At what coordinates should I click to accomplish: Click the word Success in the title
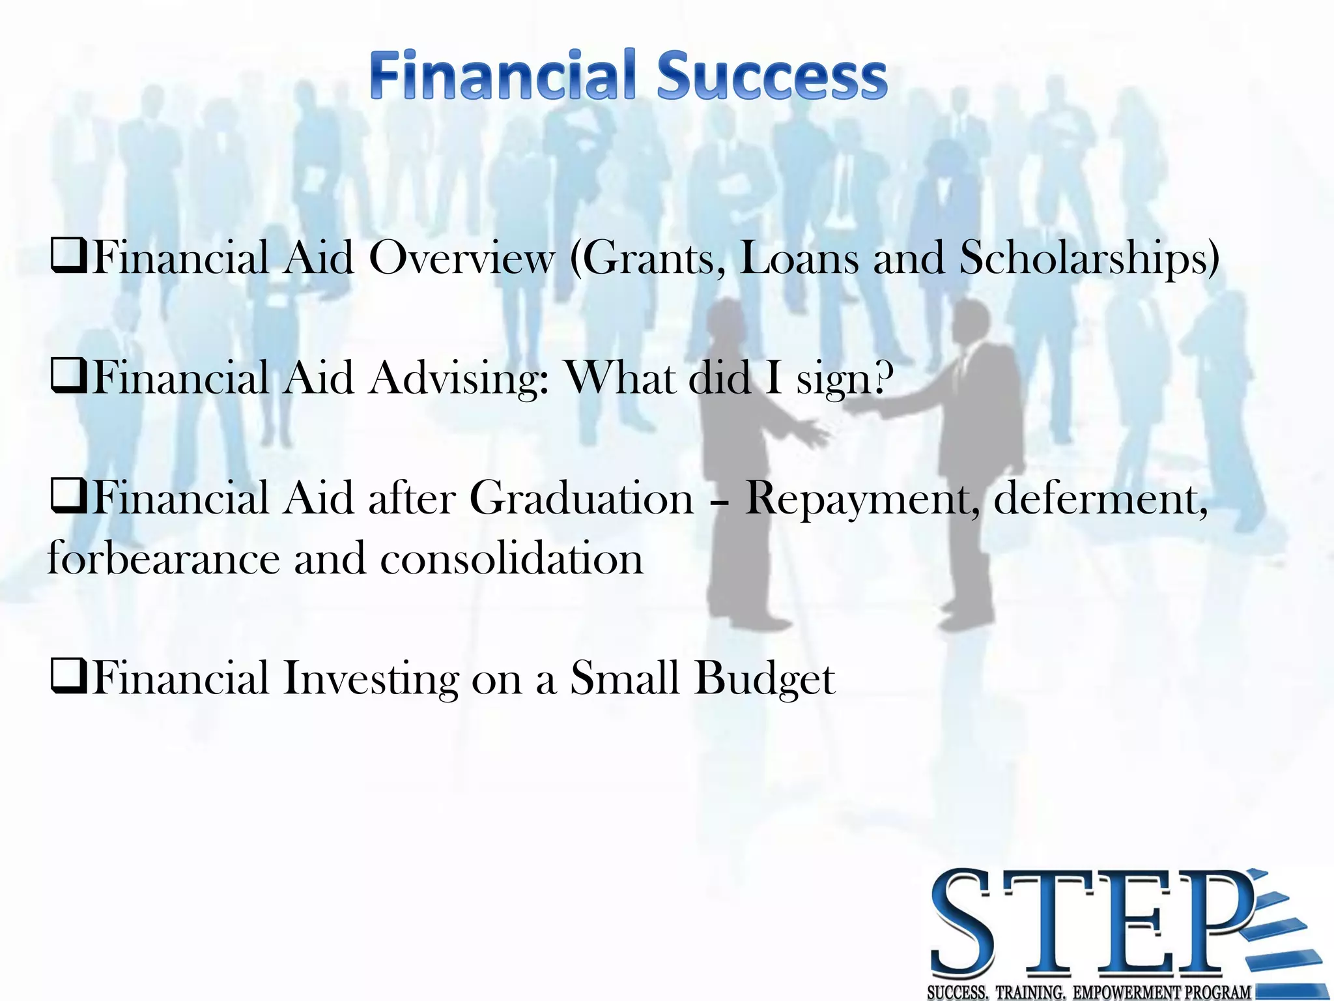pos(772,76)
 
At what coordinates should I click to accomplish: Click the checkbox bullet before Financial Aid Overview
pos(68,257)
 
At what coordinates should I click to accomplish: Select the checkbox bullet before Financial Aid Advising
pos(68,377)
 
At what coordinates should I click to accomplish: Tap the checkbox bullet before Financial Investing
pos(68,678)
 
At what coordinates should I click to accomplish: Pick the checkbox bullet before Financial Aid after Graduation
pos(68,498)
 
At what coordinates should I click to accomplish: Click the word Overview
pos(462,258)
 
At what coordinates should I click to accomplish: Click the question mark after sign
pos(881,377)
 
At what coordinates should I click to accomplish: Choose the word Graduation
pos(582,499)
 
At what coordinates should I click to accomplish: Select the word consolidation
pos(512,559)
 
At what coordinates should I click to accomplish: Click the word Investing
pos(371,680)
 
